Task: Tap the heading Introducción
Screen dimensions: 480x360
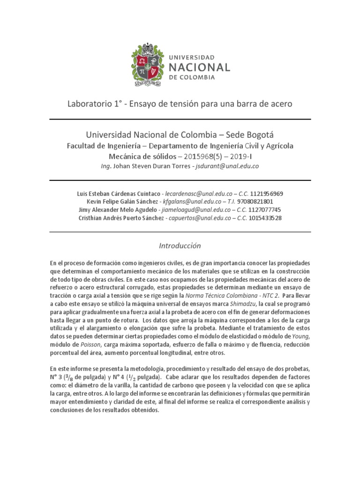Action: click(x=180, y=246)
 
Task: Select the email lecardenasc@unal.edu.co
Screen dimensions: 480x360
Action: click(x=200, y=194)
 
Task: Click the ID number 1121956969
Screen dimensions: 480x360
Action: click(x=267, y=194)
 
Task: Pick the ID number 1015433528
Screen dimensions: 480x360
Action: click(x=266, y=218)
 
